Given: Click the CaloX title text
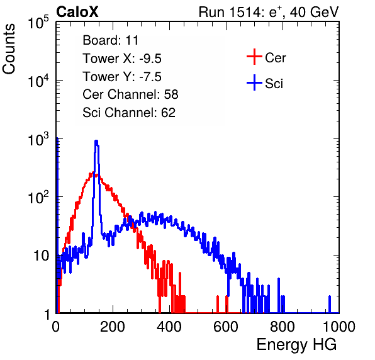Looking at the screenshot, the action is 77,12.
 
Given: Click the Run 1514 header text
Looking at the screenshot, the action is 269,12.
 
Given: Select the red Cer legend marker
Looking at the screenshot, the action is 254,57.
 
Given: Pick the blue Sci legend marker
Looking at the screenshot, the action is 254,82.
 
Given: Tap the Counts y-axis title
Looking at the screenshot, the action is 9,49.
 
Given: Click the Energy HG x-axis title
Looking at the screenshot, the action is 296,345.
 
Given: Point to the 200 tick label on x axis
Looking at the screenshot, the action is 113,327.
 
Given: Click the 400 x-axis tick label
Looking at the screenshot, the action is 169,327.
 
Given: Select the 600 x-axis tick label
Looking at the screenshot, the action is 226,327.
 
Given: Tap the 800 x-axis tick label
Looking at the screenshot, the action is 283,327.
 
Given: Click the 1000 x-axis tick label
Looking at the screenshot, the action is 339,327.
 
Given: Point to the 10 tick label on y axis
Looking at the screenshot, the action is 41,256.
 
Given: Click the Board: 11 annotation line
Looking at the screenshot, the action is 111,40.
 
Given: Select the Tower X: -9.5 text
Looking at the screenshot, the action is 122,59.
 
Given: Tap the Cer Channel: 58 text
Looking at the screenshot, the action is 130,94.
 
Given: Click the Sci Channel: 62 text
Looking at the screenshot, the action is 129,113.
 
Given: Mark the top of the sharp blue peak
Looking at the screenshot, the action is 96,140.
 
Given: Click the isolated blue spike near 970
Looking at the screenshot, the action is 330,304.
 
